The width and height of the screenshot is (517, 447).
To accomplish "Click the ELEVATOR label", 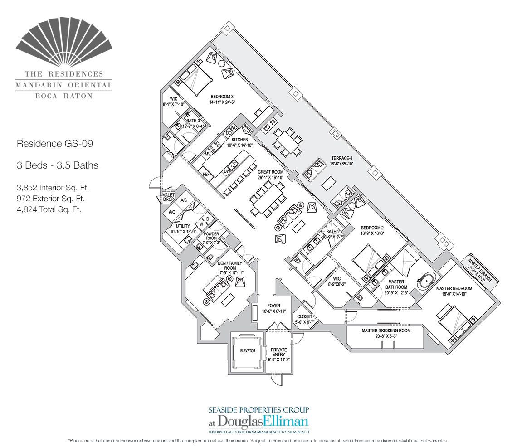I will [248, 350].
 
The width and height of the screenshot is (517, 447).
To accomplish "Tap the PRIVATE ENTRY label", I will [279, 352].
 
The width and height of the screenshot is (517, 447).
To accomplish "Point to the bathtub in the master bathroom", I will [425, 282].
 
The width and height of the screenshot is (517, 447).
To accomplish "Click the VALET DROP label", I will [169, 197].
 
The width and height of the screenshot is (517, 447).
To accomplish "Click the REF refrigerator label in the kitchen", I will [206, 174].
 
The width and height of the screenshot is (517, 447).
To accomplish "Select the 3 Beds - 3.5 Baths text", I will [57, 165].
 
